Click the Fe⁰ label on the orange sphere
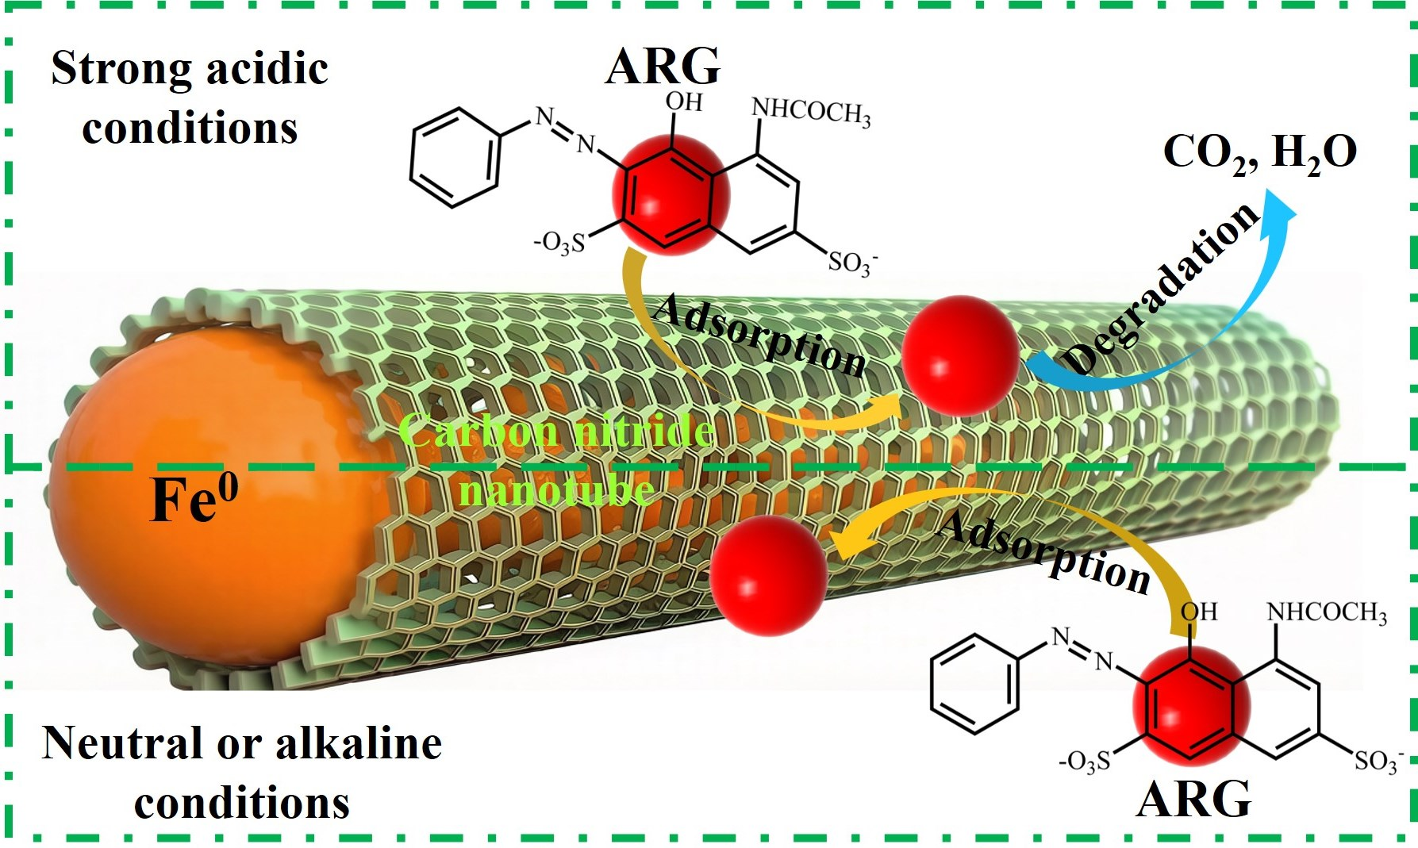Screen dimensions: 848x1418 point(194,499)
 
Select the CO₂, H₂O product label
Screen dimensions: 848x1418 point(1259,152)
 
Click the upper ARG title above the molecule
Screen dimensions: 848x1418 point(663,66)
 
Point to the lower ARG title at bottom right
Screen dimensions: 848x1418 point(1193,799)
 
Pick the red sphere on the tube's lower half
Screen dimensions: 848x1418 point(769,575)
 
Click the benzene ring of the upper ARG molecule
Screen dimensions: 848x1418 point(455,158)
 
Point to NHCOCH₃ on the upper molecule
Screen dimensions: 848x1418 point(810,110)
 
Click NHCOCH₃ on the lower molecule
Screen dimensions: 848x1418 point(1326,612)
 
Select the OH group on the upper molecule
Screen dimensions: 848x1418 point(683,102)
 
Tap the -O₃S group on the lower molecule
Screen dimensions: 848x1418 point(1085,762)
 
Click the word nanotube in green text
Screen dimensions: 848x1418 point(557,490)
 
